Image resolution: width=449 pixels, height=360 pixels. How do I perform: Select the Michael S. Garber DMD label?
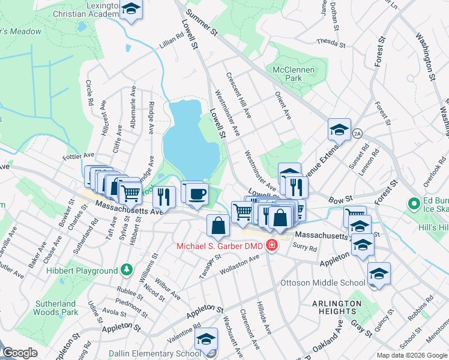[x=220, y=246]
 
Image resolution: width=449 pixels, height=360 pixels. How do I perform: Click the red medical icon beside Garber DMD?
[x=271, y=246]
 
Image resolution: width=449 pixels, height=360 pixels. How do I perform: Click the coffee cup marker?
[x=197, y=194]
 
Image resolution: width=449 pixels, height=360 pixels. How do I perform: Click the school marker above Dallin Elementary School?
[x=206, y=339]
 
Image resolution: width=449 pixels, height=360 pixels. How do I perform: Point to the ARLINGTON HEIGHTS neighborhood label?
[x=337, y=307]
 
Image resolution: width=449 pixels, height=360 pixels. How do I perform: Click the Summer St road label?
[x=201, y=23]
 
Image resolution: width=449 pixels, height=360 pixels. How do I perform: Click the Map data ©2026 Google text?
[x=412, y=355]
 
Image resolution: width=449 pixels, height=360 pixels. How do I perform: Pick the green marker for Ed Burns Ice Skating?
[x=414, y=204]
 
